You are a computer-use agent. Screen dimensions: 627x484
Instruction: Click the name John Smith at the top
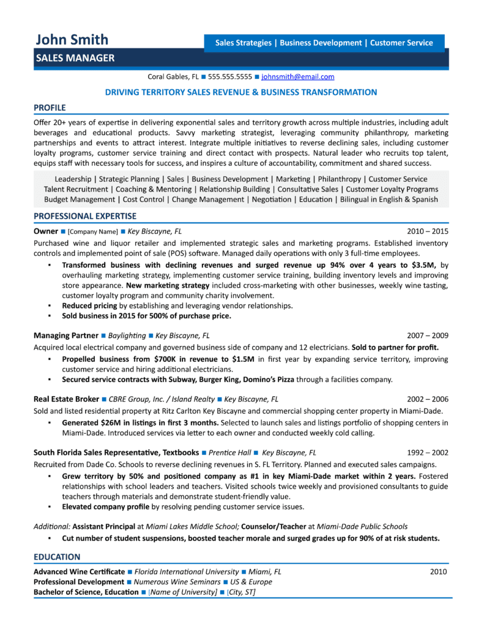point(72,40)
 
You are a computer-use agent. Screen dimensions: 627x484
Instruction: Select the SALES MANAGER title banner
point(74,59)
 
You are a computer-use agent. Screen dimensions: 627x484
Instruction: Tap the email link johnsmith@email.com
point(297,77)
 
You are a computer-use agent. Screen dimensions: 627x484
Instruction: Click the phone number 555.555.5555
point(230,77)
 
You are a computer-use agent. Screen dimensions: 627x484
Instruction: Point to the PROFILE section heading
point(50,107)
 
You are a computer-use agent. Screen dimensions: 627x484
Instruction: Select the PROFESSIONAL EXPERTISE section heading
point(85,216)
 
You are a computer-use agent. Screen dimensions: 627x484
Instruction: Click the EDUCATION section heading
point(57,557)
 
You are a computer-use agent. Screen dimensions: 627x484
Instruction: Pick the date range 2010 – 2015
point(428,231)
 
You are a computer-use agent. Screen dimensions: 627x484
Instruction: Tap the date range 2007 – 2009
point(428,336)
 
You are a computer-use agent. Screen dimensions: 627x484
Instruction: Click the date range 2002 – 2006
point(428,398)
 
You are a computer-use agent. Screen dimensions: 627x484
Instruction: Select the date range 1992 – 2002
point(428,452)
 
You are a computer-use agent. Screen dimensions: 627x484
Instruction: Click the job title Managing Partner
point(66,336)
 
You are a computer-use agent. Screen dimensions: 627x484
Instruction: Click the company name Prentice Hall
point(230,452)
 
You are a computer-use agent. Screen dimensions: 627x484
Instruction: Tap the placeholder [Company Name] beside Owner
point(92,231)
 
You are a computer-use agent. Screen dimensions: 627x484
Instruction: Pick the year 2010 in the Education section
point(438,571)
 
